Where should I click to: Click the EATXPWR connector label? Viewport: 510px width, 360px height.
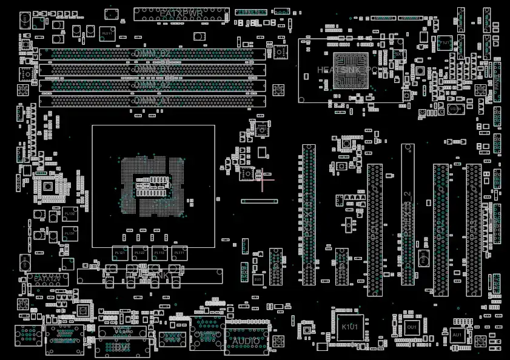(181, 13)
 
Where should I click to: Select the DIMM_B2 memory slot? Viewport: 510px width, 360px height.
(152, 54)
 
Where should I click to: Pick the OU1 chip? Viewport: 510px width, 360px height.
(412, 327)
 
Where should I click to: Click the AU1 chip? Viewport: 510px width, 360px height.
(457, 335)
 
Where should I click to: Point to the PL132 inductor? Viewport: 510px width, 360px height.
(70, 214)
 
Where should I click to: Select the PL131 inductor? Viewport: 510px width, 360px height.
(70, 233)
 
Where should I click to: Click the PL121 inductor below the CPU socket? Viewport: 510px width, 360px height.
(119, 253)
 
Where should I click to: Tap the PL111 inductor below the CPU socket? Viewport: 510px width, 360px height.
(179, 253)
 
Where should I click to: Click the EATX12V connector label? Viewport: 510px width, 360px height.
(47, 279)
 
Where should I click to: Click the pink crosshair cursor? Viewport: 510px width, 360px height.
(263, 179)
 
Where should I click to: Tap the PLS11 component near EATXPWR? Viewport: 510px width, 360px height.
(106, 33)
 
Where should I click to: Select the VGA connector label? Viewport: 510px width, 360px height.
(122, 331)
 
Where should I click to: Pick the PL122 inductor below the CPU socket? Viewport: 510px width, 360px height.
(139, 253)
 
